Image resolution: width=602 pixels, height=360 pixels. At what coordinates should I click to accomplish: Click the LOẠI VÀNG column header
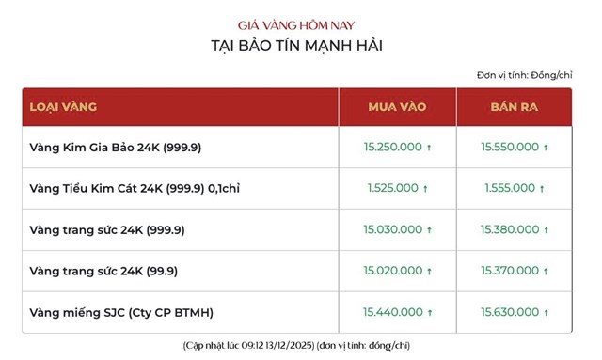coord(64,107)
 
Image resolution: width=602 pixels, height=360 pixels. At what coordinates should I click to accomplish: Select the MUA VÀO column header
coord(396,107)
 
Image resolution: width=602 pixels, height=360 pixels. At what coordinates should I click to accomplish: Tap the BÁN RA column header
coord(514,107)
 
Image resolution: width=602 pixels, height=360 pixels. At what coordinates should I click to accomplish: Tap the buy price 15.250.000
coord(392,148)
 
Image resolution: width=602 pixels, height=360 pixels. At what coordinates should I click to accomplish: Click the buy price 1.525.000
coord(392,189)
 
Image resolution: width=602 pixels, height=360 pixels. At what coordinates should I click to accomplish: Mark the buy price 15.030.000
coord(392,230)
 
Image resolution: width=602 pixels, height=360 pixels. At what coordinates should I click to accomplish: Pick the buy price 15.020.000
coord(392,272)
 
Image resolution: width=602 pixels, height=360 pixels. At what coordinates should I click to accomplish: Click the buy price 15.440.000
coord(392,312)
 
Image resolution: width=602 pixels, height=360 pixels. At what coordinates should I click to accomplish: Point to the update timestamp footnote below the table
coord(297,345)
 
